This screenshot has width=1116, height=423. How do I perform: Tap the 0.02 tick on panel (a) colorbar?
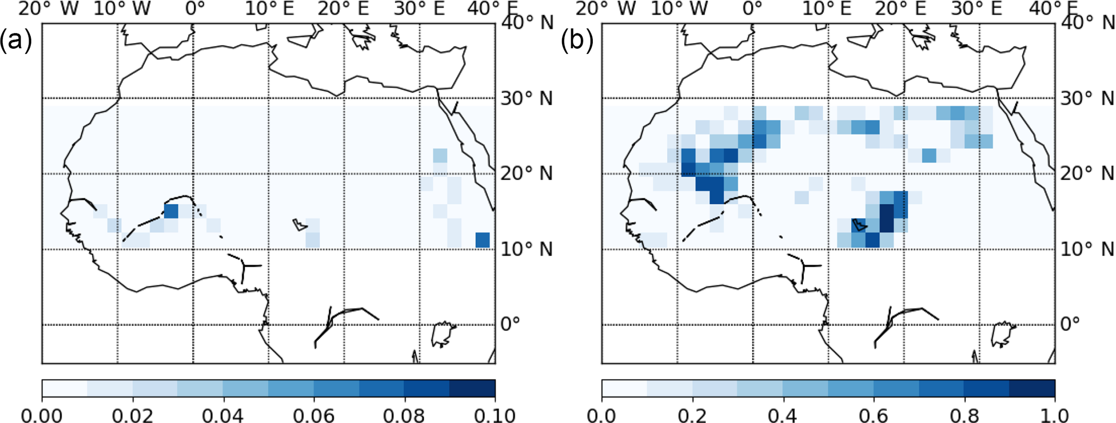(x=132, y=415)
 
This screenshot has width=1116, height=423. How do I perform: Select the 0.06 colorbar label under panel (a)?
(x=314, y=415)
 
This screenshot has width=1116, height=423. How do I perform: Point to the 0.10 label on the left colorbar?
(x=494, y=415)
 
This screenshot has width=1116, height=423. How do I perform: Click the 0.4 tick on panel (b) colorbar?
(x=783, y=415)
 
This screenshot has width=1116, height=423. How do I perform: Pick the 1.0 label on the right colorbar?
(x=1053, y=415)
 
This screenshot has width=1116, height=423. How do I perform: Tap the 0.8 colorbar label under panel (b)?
(x=964, y=415)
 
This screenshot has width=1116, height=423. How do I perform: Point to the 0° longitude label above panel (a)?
(x=195, y=9)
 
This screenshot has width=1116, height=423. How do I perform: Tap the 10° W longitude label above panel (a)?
(x=123, y=9)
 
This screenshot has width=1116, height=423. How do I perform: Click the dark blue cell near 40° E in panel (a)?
(x=483, y=240)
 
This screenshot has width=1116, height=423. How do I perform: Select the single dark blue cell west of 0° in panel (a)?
(x=171, y=211)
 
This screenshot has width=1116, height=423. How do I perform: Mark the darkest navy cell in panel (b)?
(x=887, y=218)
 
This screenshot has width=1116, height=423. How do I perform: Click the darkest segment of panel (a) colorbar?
(x=472, y=388)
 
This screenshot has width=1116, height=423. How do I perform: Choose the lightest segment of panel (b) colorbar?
(x=625, y=388)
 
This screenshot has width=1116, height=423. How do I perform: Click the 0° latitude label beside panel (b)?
(x=1070, y=324)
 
